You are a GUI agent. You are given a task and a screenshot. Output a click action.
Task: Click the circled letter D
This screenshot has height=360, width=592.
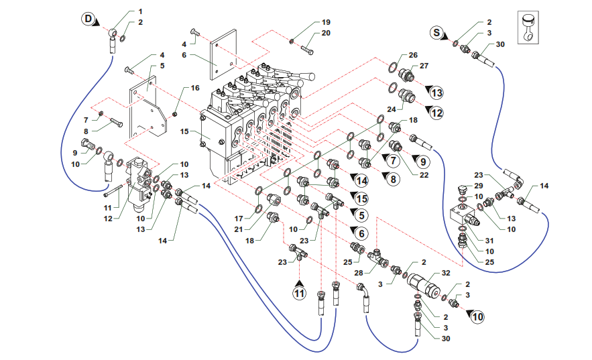click(88, 19)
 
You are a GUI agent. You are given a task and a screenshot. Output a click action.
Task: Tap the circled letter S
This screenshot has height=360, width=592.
click(436, 32)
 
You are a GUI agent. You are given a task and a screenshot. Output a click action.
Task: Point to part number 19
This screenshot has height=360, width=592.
click(326, 22)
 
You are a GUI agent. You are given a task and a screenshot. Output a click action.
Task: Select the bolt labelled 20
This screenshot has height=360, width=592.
click(307, 48)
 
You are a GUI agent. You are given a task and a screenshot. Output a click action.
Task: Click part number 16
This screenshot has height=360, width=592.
click(194, 88)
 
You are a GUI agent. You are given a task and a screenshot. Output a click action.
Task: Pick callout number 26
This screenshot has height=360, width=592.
click(413, 56)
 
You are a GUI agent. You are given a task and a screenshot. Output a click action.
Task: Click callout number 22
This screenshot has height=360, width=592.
click(424, 176)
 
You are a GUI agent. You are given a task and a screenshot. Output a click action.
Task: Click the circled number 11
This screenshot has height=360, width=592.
click(300, 292)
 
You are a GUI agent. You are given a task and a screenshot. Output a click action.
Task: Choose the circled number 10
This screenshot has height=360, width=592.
click(477, 316)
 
